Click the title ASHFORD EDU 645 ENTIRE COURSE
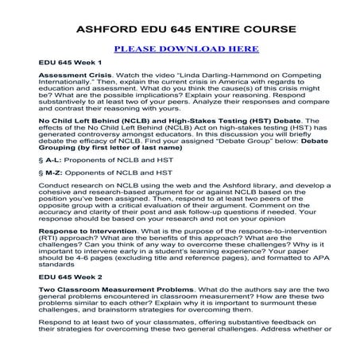(180, 29)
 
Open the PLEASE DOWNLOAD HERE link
(180, 48)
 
